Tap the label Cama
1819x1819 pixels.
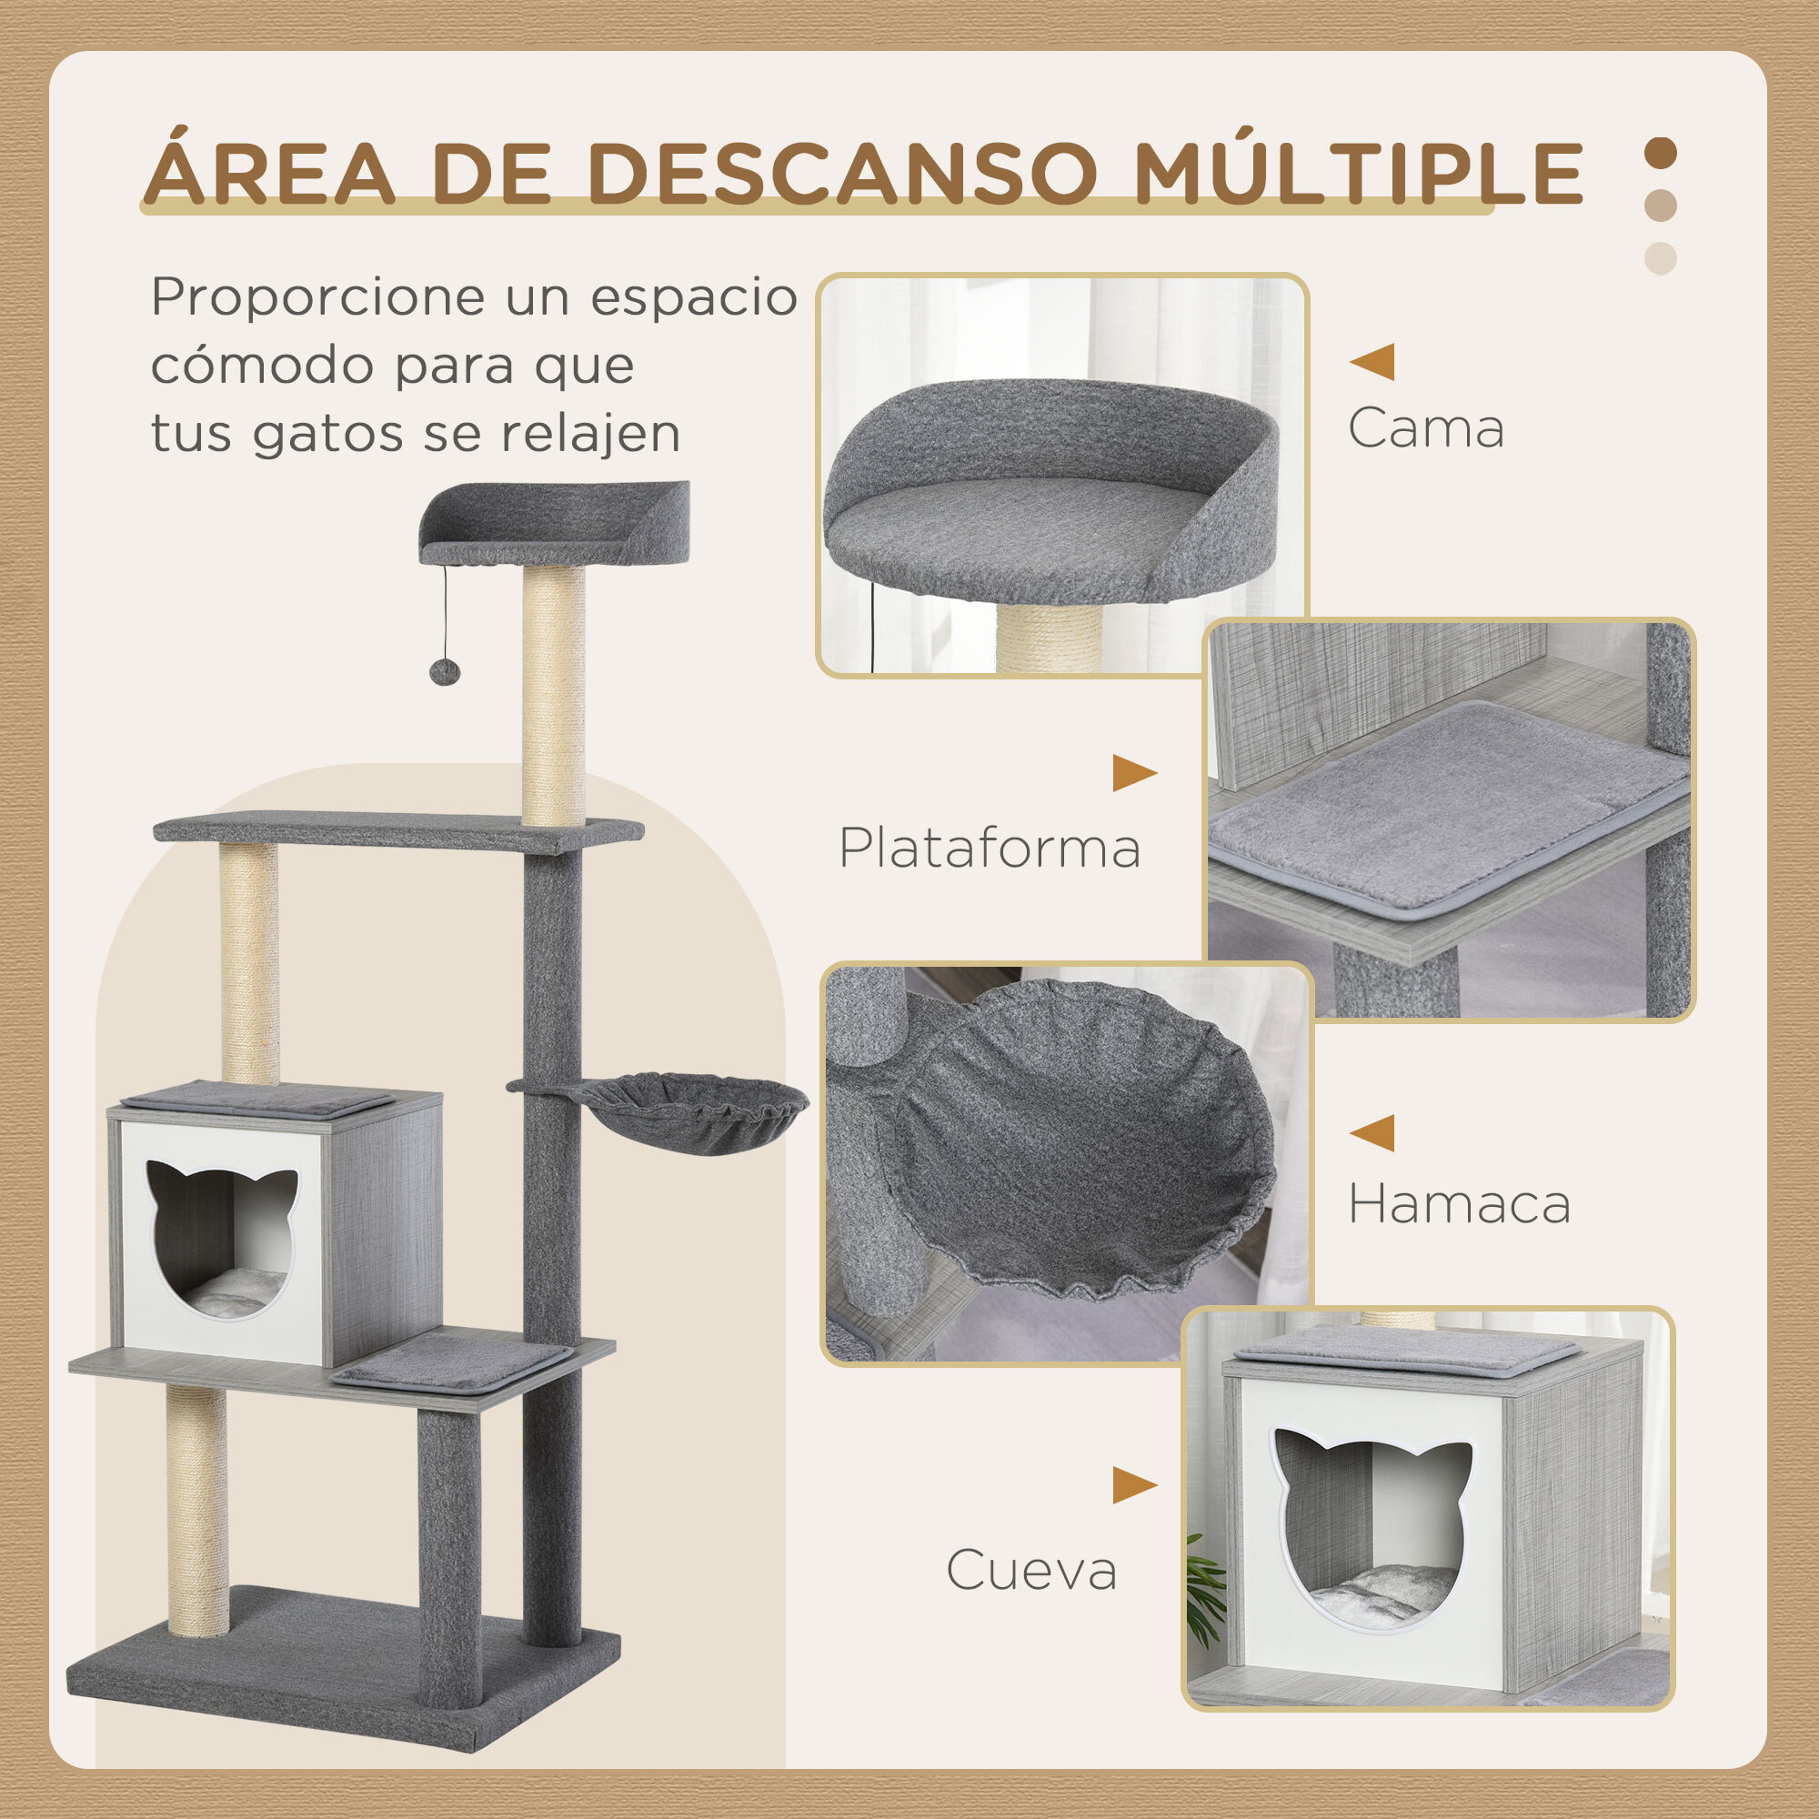pos(1425,429)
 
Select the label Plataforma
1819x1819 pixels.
pos(990,849)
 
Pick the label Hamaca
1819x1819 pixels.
pos(1460,1204)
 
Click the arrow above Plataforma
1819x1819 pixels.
pos(1133,773)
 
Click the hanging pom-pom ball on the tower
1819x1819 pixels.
pos(445,671)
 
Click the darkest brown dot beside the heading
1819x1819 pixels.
pos(1660,154)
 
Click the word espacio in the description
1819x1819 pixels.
pos(694,297)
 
